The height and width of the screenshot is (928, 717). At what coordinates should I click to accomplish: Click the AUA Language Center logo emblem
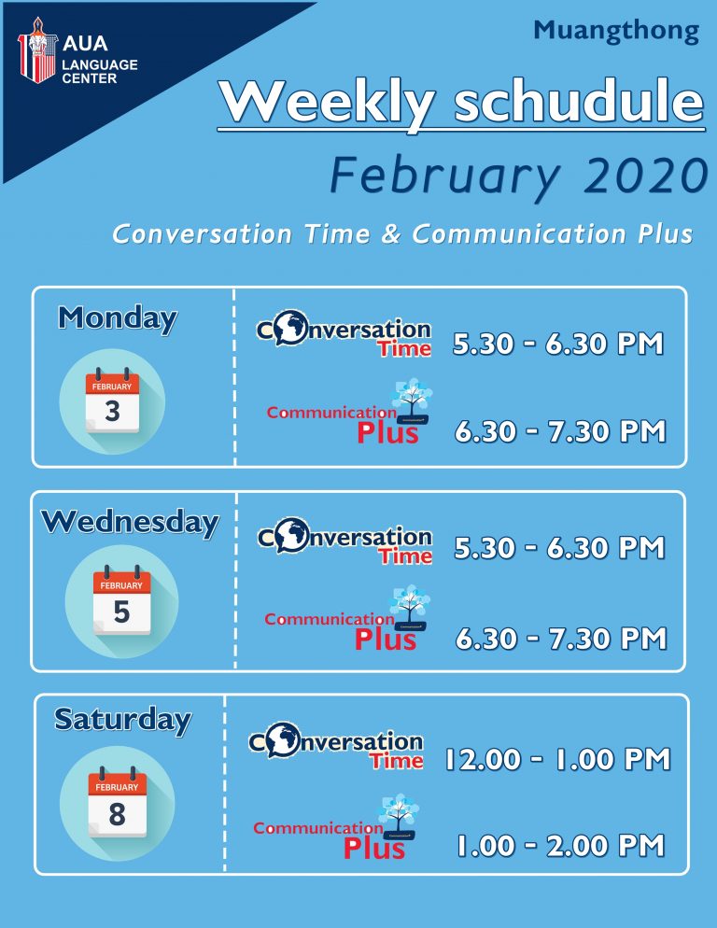[x=37, y=50]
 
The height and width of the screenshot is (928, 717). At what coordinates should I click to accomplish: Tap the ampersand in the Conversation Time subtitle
[x=391, y=233]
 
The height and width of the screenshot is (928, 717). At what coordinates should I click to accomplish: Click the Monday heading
[x=118, y=318]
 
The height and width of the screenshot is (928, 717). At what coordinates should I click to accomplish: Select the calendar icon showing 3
[x=112, y=401]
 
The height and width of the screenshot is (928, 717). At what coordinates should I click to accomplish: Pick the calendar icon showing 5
[x=121, y=600]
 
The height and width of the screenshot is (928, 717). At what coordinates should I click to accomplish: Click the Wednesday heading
[x=131, y=522]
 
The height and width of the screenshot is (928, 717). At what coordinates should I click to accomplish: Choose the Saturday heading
[x=123, y=720]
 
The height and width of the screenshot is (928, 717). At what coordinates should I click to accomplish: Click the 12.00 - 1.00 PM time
[x=557, y=759]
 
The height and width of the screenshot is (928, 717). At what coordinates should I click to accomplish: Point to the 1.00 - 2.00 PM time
[x=561, y=845]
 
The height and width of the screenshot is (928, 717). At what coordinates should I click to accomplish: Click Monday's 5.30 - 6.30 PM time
[x=558, y=344]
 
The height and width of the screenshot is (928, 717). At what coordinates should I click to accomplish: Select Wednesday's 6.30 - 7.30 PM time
[x=561, y=639]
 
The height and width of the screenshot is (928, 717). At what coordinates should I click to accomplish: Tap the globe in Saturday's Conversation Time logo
[x=283, y=739]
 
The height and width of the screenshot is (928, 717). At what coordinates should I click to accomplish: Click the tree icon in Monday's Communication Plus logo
[x=413, y=401]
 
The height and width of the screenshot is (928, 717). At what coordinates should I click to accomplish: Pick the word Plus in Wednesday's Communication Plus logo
[x=386, y=640]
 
